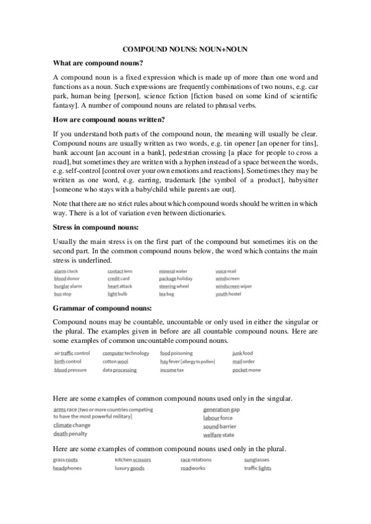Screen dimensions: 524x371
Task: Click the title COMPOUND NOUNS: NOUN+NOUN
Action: click(185, 48)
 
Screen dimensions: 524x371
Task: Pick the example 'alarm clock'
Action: click(66, 271)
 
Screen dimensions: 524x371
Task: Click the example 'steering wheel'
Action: click(174, 287)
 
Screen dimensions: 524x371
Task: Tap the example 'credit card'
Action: click(119, 279)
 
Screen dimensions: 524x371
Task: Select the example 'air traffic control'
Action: click(72, 353)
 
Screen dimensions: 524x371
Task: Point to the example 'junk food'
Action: click(242, 353)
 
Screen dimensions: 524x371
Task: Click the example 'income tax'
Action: click(172, 370)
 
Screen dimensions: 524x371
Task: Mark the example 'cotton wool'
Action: click(116, 361)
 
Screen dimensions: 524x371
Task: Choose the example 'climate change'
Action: click(72, 425)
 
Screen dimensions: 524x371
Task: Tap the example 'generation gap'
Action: click(221, 410)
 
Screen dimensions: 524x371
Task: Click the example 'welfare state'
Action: click(219, 435)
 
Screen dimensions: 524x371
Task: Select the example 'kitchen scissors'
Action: click(133, 460)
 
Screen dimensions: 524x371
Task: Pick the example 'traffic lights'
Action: click(257, 468)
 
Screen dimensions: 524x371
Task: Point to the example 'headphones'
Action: click(67, 468)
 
